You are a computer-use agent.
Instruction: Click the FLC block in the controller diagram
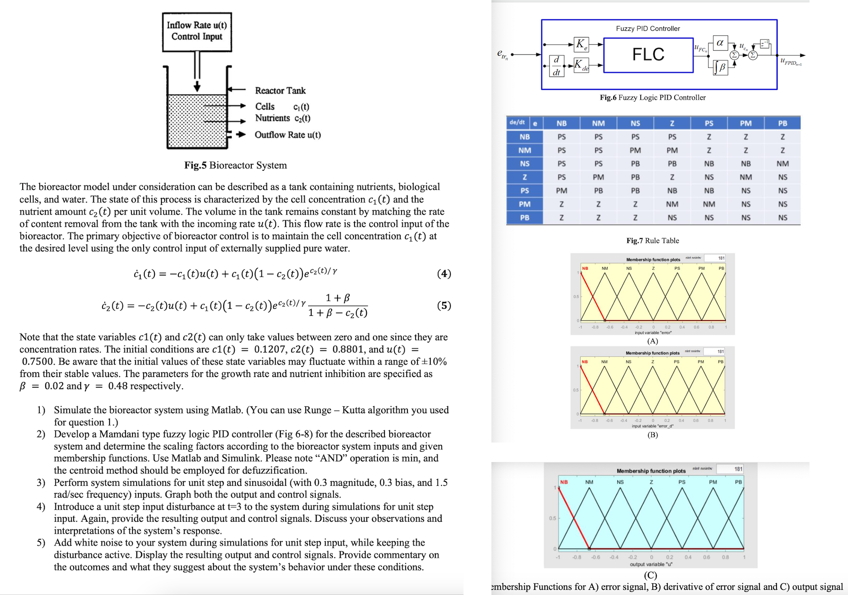(x=648, y=55)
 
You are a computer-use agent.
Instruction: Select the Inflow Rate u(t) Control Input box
(x=197, y=32)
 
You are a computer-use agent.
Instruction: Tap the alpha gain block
(x=719, y=43)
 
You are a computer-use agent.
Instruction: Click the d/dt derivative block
(x=556, y=66)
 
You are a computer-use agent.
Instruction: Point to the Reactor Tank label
(x=280, y=90)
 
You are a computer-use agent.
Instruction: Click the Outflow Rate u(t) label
(x=287, y=134)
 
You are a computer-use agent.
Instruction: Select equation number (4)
(x=444, y=273)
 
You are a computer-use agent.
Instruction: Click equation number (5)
(x=444, y=306)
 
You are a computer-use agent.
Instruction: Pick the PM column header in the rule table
(x=745, y=123)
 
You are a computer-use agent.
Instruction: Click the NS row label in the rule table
(x=524, y=163)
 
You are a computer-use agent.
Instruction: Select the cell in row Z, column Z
(x=672, y=177)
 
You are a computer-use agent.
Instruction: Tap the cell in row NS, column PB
(x=782, y=163)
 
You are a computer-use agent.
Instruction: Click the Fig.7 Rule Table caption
(x=652, y=241)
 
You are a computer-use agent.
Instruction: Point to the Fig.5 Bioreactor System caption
(x=235, y=165)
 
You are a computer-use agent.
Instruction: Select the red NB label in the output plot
(x=564, y=482)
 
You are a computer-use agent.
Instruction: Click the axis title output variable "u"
(x=651, y=564)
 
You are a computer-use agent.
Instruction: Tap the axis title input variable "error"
(x=652, y=333)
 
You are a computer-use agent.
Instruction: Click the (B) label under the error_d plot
(x=652, y=435)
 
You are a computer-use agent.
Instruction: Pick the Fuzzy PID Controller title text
(x=647, y=29)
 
